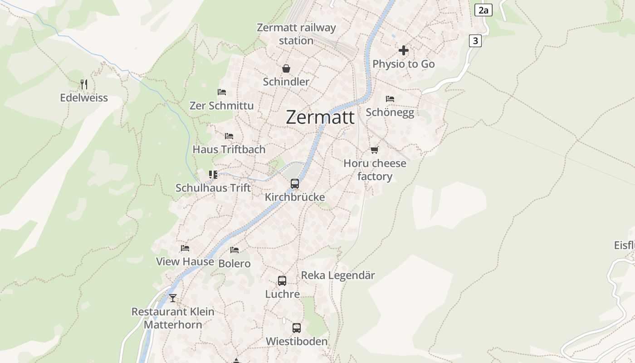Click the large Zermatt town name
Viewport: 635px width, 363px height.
click(320, 118)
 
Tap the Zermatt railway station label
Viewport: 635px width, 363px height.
click(296, 34)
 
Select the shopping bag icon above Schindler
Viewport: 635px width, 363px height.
click(286, 69)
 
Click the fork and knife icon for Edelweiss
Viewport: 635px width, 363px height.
click(84, 84)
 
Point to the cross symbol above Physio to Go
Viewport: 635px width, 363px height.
click(404, 50)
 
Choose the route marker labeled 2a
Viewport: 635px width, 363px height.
click(484, 10)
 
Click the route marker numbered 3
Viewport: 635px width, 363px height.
click(475, 41)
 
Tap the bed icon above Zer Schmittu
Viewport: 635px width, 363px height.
click(222, 92)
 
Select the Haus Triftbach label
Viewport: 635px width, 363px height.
click(229, 149)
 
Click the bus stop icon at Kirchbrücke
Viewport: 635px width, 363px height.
click(295, 184)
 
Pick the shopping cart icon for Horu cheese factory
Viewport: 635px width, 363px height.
click(374, 150)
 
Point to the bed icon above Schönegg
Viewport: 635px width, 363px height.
click(390, 99)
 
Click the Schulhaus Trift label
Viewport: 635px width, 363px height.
click(213, 188)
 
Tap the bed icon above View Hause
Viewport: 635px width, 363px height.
click(185, 248)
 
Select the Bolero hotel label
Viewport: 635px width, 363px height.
click(234, 264)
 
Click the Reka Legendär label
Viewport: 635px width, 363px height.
click(338, 275)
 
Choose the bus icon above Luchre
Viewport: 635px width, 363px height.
click(282, 281)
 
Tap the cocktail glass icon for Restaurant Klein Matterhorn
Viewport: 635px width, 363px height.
click(173, 298)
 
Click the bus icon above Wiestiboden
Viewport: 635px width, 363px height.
click(297, 328)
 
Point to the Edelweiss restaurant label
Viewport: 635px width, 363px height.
click(84, 98)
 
